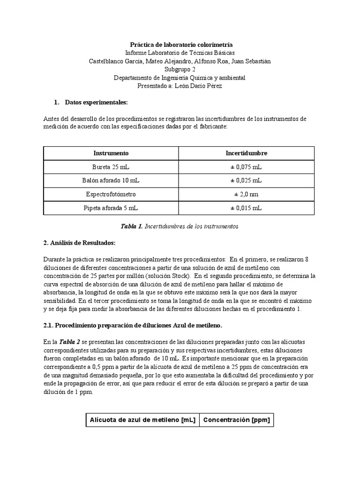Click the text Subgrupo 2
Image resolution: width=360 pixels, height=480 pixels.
(180, 69)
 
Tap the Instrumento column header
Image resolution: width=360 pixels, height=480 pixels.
(111, 153)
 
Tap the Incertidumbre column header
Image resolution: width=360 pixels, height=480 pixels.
(247, 153)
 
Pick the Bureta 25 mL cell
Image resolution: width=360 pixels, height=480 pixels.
(111, 167)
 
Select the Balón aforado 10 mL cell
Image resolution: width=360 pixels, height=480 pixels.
(111, 180)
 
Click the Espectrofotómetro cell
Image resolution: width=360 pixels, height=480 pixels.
(111, 194)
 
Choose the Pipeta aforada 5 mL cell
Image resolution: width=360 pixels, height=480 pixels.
(111, 208)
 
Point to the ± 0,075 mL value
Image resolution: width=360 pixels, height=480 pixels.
(247, 167)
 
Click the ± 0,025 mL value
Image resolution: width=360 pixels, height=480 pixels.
(247, 180)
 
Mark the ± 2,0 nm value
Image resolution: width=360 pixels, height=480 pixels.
(247, 194)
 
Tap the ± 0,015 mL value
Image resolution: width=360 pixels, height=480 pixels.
(247, 208)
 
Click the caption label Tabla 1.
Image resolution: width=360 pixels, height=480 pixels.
(131, 226)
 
